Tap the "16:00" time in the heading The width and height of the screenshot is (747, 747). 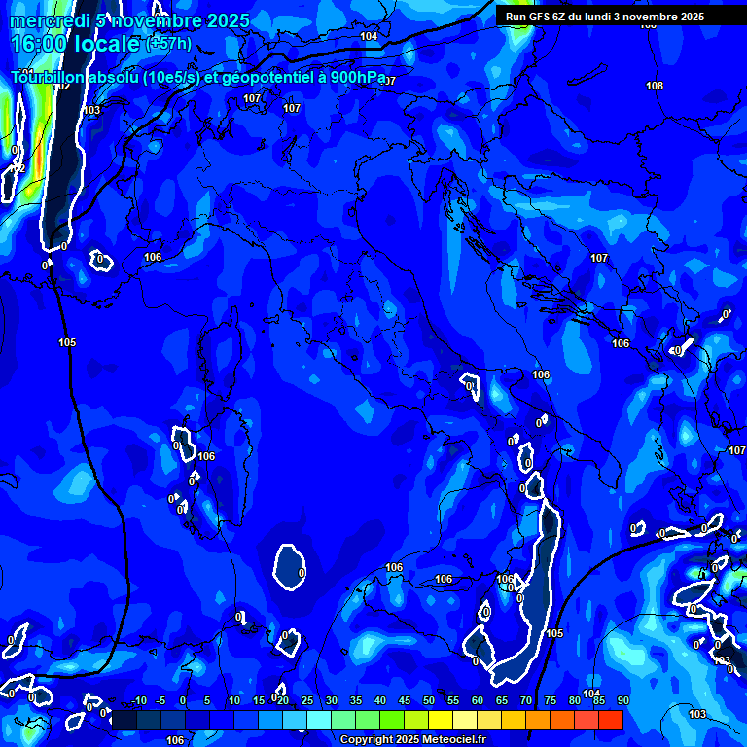tap(36, 44)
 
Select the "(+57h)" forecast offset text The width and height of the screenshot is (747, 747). tap(168, 44)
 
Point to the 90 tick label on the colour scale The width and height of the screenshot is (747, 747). tap(622, 701)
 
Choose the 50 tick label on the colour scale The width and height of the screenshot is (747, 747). tap(428, 701)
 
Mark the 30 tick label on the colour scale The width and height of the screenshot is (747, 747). tap(331, 701)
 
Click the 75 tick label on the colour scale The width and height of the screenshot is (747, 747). tap(550, 701)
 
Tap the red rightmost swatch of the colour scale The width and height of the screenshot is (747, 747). tap(610, 720)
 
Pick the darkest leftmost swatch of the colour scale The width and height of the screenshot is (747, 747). tap(124, 720)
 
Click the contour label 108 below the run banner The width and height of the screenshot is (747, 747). tap(655, 87)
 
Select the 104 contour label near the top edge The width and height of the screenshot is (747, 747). tap(369, 36)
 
